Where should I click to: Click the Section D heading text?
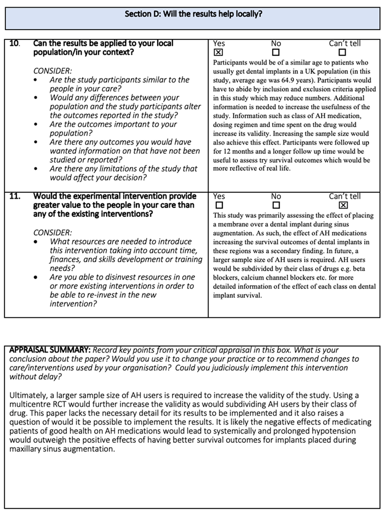click(x=193, y=14)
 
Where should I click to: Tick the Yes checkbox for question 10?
click(x=218, y=53)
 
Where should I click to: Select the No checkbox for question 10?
click(x=275, y=53)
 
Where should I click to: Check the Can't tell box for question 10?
click(x=342, y=53)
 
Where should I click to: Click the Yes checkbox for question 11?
click(x=218, y=205)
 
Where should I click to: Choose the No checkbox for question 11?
click(x=275, y=205)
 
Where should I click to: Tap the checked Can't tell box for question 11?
click(x=342, y=205)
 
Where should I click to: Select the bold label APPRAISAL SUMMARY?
click(x=50, y=350)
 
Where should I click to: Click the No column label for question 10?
click(x=276, y=44)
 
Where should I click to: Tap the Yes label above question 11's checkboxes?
click(x=219, y=196)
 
